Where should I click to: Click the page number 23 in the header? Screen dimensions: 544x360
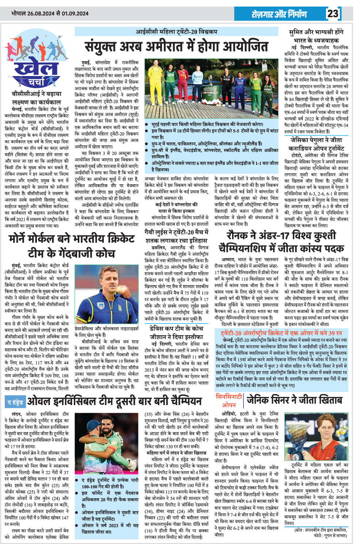(x=333, y=14)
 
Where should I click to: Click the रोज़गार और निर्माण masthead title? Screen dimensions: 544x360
(x=279, y=14)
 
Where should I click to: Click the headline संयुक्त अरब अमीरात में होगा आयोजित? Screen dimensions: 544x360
(x=176, y=47)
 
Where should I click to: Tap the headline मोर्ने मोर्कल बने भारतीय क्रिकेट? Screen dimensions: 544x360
(x=72, y=239)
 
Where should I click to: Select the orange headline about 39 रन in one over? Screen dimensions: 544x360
(x=281, y=333)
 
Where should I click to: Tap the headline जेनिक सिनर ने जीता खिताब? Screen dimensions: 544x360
(x=294, y=400)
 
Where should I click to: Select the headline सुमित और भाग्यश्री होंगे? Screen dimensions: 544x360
(x=316, y=32)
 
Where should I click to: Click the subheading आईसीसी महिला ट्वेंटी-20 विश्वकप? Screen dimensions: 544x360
(x=177, y=32)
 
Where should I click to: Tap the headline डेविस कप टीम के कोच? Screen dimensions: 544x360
(x=177, y=328)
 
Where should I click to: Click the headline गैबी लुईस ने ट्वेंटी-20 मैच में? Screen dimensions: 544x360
(x=177, y=232)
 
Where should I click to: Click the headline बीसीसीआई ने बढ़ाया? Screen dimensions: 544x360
(x=37, y=94)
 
